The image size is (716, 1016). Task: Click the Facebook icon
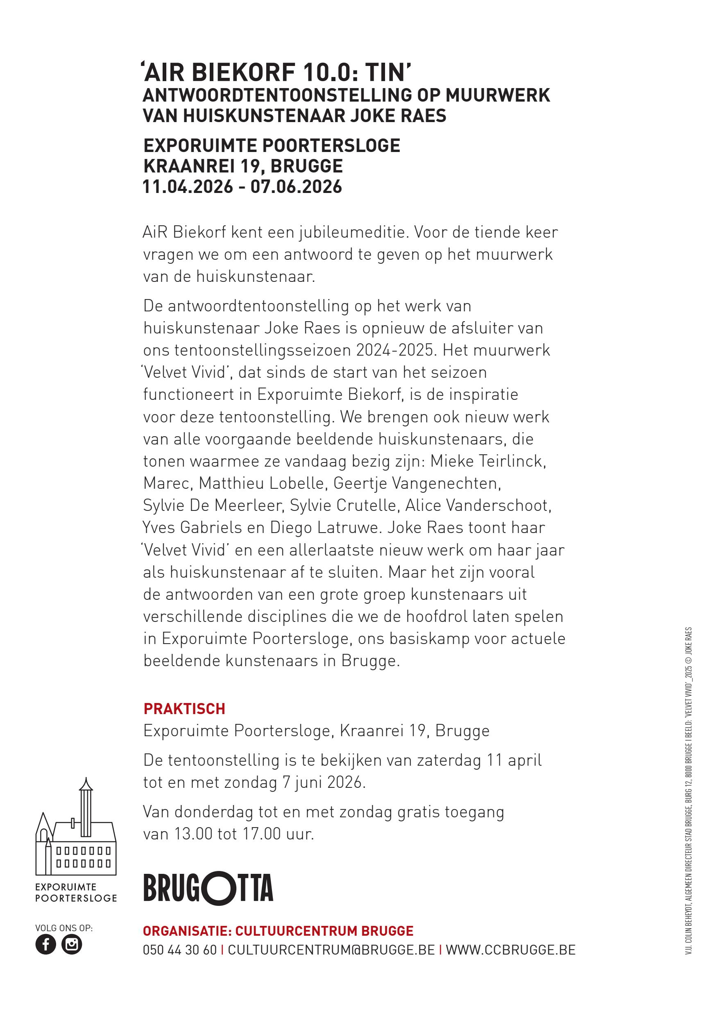[x=45, y=944]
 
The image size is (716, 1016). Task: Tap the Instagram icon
[x=72, y=944]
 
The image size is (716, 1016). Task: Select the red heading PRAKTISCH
[x=184, y=709]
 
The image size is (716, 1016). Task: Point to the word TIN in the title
[x=387, y=72]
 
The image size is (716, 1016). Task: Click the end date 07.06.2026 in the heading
[x=296, y=186]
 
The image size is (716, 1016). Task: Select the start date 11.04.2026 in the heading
[x=188, y=186]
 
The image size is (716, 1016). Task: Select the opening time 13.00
[x=193, y=834]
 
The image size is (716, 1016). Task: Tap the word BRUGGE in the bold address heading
[x=306, y=166]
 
